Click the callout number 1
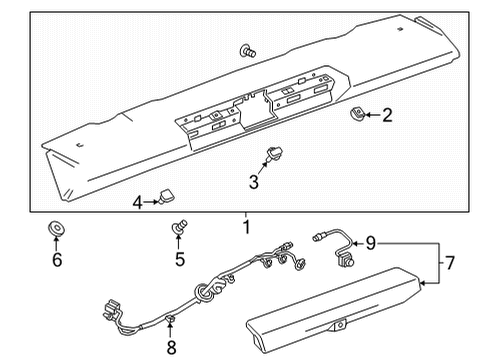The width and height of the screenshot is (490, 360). coord(245,228)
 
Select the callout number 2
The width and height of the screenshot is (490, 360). coord(387,115)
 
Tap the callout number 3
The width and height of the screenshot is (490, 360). coord(254,181)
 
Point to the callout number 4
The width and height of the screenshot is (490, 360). coord(137,202)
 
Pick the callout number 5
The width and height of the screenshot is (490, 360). coord(180,261)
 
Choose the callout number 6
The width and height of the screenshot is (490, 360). coord(57,260)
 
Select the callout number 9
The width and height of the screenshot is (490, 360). coord(371,241)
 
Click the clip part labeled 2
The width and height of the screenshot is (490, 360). coord(356,115)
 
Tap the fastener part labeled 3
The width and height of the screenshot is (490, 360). coord(270,153)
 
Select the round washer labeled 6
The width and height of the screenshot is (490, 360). coord(56,231)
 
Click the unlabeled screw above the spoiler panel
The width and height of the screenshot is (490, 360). coord(247,50)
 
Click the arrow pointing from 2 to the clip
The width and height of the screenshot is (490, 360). coord(372,115)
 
